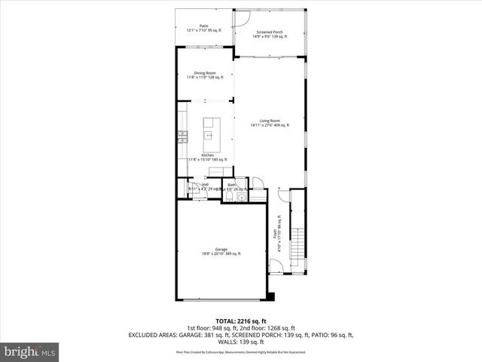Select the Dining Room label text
(x=204, y=75)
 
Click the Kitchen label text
(x=206, y=157)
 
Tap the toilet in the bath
(x=228, y=198)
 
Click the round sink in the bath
(x=242, y=198)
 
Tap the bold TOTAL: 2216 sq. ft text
(x=240, y=321)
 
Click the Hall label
(x=203, y=185)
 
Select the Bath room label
(x=232, y=185)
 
